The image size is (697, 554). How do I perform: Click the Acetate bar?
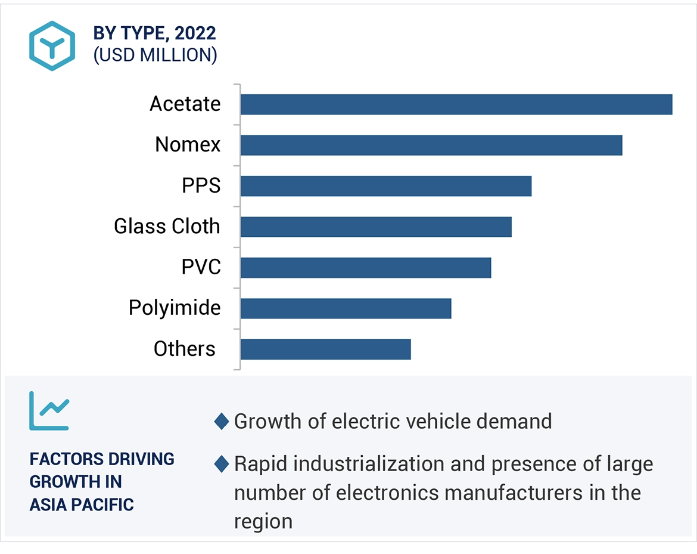tap(456, 104)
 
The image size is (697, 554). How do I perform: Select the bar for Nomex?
tap(431, 145)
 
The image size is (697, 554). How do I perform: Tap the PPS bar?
tap(385, 186)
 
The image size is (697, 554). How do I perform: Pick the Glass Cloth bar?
tap(375, 227)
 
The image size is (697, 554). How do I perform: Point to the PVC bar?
tap(365, 268)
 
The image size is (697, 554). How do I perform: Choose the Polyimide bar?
tap(346, 308)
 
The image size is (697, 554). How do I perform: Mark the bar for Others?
tap(325, 349)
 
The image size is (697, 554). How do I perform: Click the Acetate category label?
tap(185, 104)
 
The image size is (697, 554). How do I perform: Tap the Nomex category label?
tap(188, 145)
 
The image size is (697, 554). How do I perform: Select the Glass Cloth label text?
tap(167, 227)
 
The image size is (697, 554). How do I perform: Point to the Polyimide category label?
tap(175, 308)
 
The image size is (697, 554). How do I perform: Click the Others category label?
tap(184, 349)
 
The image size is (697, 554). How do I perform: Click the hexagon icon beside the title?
tap(52, 46)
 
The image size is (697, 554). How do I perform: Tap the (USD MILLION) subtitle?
tap(155, 55)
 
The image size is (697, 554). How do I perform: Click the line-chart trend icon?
tap(49, 411)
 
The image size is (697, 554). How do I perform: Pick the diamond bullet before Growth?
tap(222, 422)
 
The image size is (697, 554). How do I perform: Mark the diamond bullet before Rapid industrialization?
tap(222, 464)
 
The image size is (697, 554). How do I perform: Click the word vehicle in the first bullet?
tap(422, 422)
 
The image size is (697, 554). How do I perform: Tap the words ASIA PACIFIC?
tap(82, 505)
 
